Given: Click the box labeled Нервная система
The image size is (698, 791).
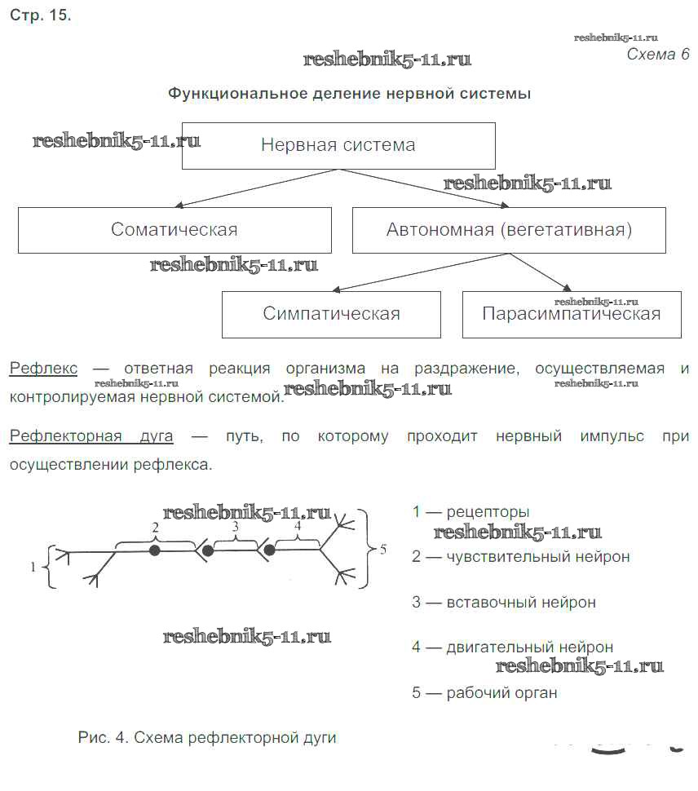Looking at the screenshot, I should click(338, 145).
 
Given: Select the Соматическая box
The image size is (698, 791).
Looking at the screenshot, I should click(174, 230).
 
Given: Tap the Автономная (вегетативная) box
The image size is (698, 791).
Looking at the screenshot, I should click(509, 230).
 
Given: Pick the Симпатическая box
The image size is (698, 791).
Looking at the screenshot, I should click(331, 314).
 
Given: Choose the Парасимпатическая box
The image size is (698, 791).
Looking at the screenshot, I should click(571, 315).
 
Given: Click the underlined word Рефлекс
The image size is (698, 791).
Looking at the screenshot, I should click(43, 369).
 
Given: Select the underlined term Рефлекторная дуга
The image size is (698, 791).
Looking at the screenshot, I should click(91, 436).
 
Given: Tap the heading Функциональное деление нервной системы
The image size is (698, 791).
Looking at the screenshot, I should click(349, 94).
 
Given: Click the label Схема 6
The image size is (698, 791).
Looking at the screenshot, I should click(657, 55).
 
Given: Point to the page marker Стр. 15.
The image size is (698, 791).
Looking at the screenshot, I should click(40, 16).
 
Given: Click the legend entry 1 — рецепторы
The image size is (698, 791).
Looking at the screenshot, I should click(470, 512).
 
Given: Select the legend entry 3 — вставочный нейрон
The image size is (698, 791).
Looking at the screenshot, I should click(504, 603).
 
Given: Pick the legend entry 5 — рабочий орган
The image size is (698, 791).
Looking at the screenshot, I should click(484, 693).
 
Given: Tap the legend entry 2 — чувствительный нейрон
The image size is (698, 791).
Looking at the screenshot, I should click(521, 557).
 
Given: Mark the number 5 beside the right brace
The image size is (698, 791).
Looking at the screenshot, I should click(382, 550).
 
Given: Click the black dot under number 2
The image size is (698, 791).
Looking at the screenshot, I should click(154, 550).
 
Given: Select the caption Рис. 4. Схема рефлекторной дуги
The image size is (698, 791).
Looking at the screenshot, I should click(207, 738).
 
